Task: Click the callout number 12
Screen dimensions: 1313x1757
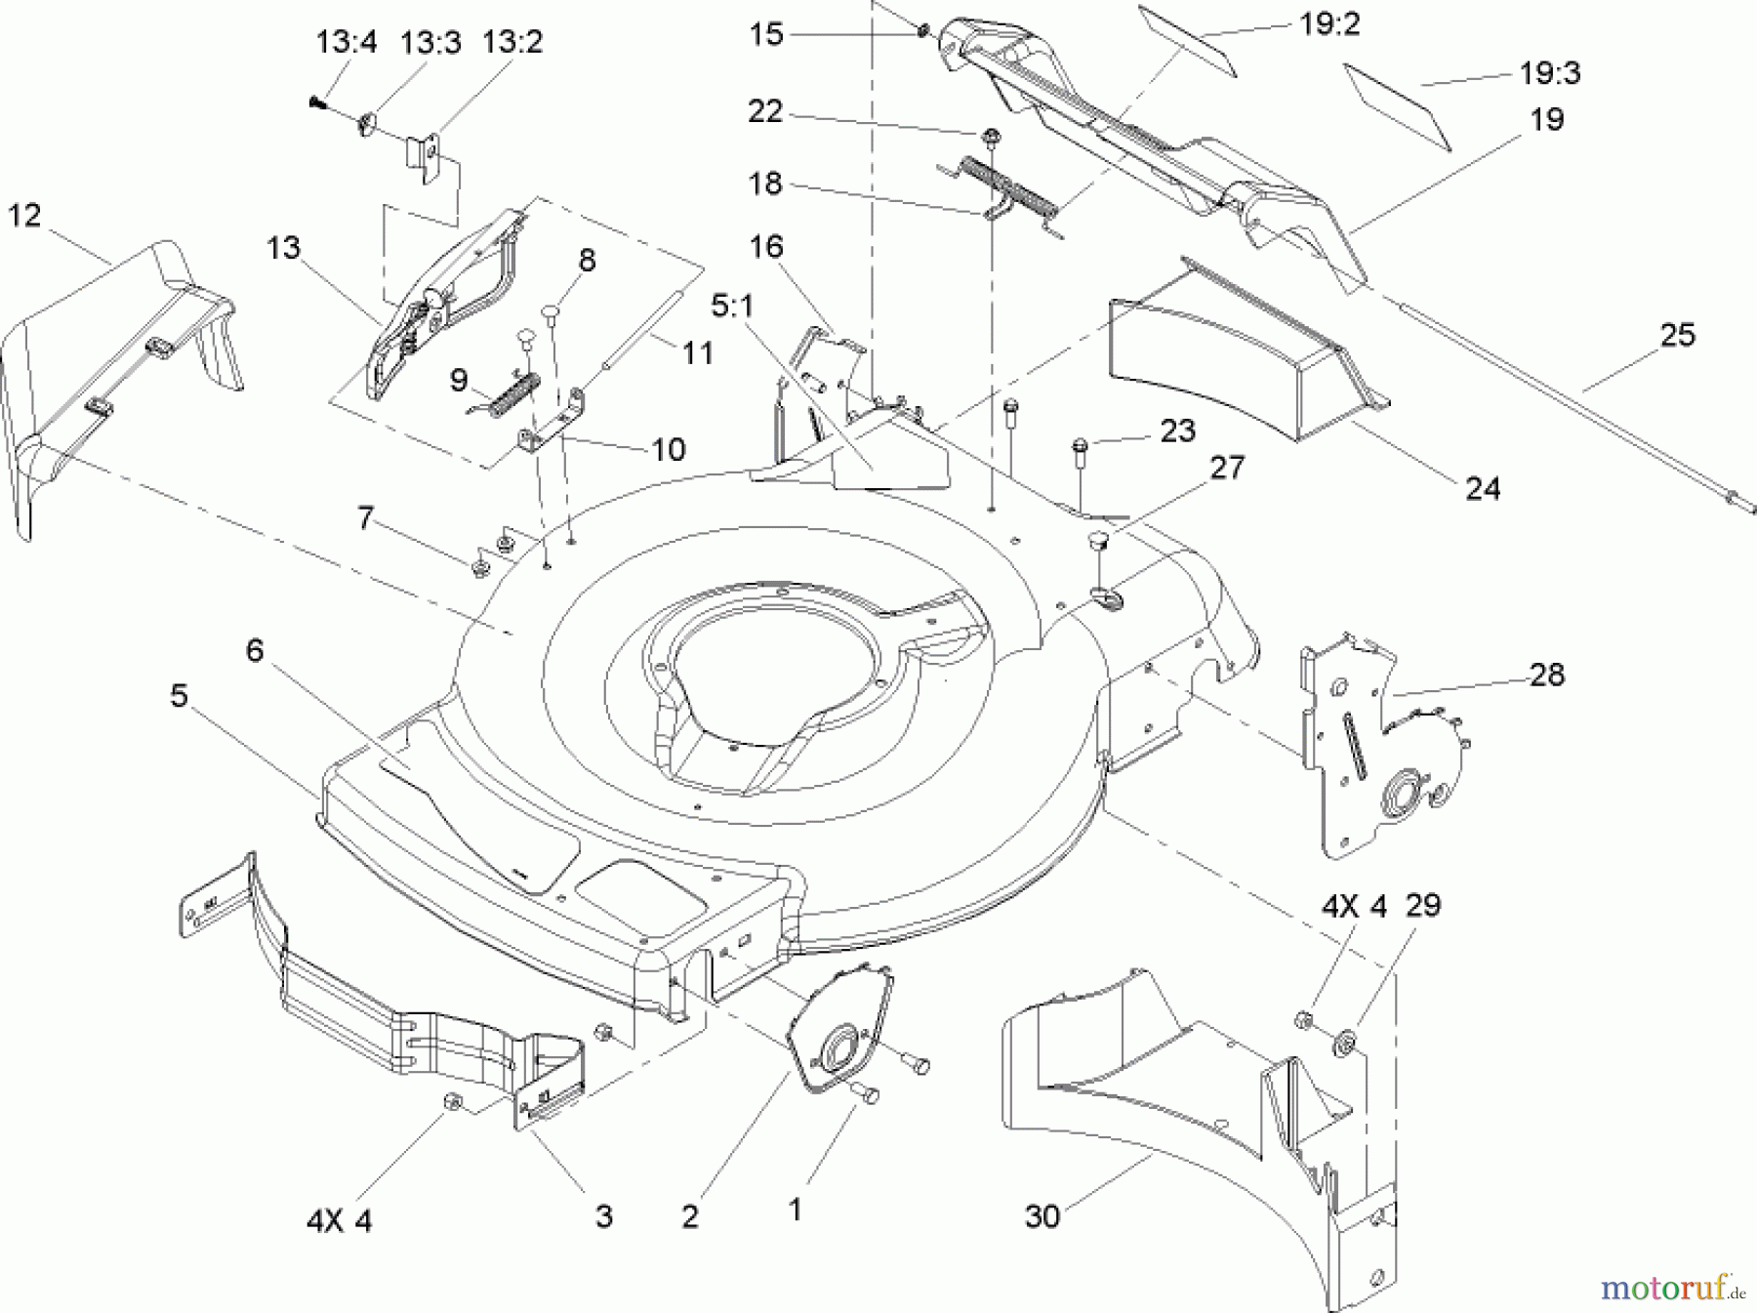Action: click(x=24, y=216)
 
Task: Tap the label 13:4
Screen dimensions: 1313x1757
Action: click(x=346, y=43)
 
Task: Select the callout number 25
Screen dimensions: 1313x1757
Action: click(x=1678, y=335)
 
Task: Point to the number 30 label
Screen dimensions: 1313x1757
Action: click(x=1042, y=1216)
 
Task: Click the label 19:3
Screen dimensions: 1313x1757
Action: click(x=1550, y=72)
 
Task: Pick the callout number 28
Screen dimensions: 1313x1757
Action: click(x=1547, y=675)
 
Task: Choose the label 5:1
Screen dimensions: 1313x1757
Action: click(x=732, y=307)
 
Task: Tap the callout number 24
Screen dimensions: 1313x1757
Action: click(x=1482, y=488)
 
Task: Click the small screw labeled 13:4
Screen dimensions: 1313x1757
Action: click(x=315, y=101)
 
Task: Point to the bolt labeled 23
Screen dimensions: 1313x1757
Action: click(x=1078, y=448)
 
